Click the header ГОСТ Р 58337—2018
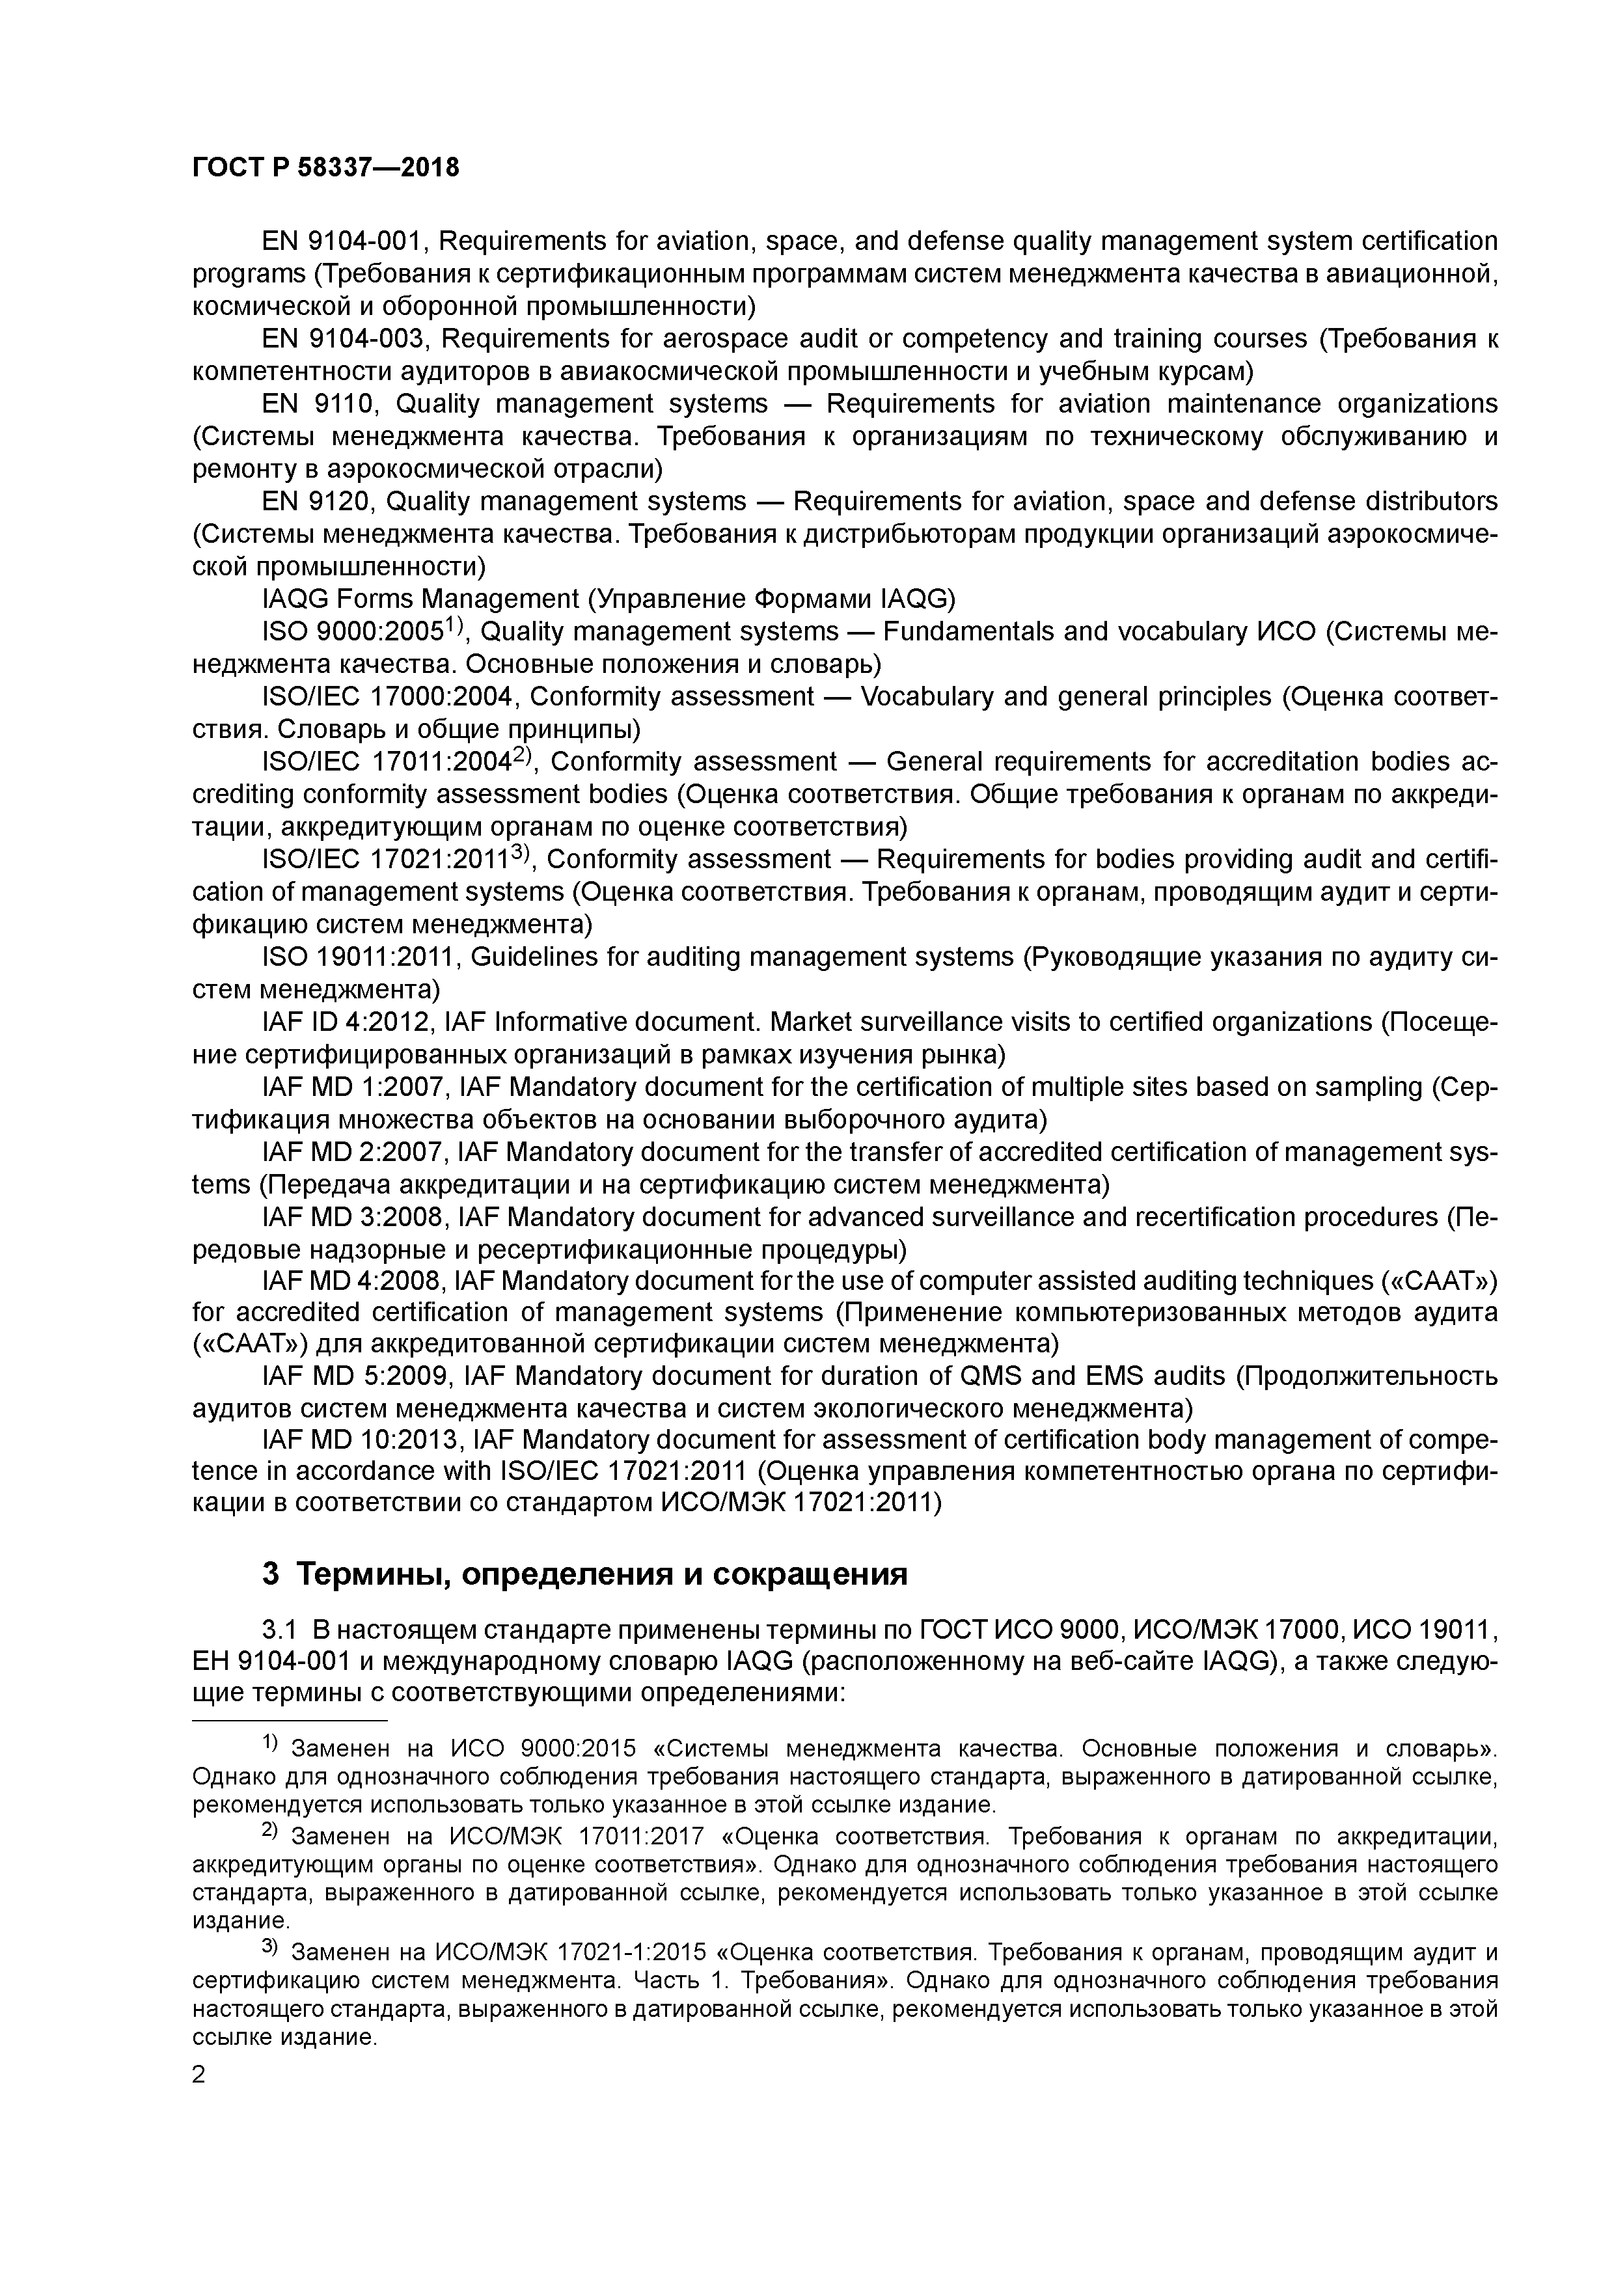click(x=325, y=168)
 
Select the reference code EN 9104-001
click(x=343, y=241)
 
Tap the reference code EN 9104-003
click(x=343, y=339)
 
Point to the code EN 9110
click(x=316, y=403)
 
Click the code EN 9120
click(x=316, y=501)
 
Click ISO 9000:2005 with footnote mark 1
click(x=353, y=631)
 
